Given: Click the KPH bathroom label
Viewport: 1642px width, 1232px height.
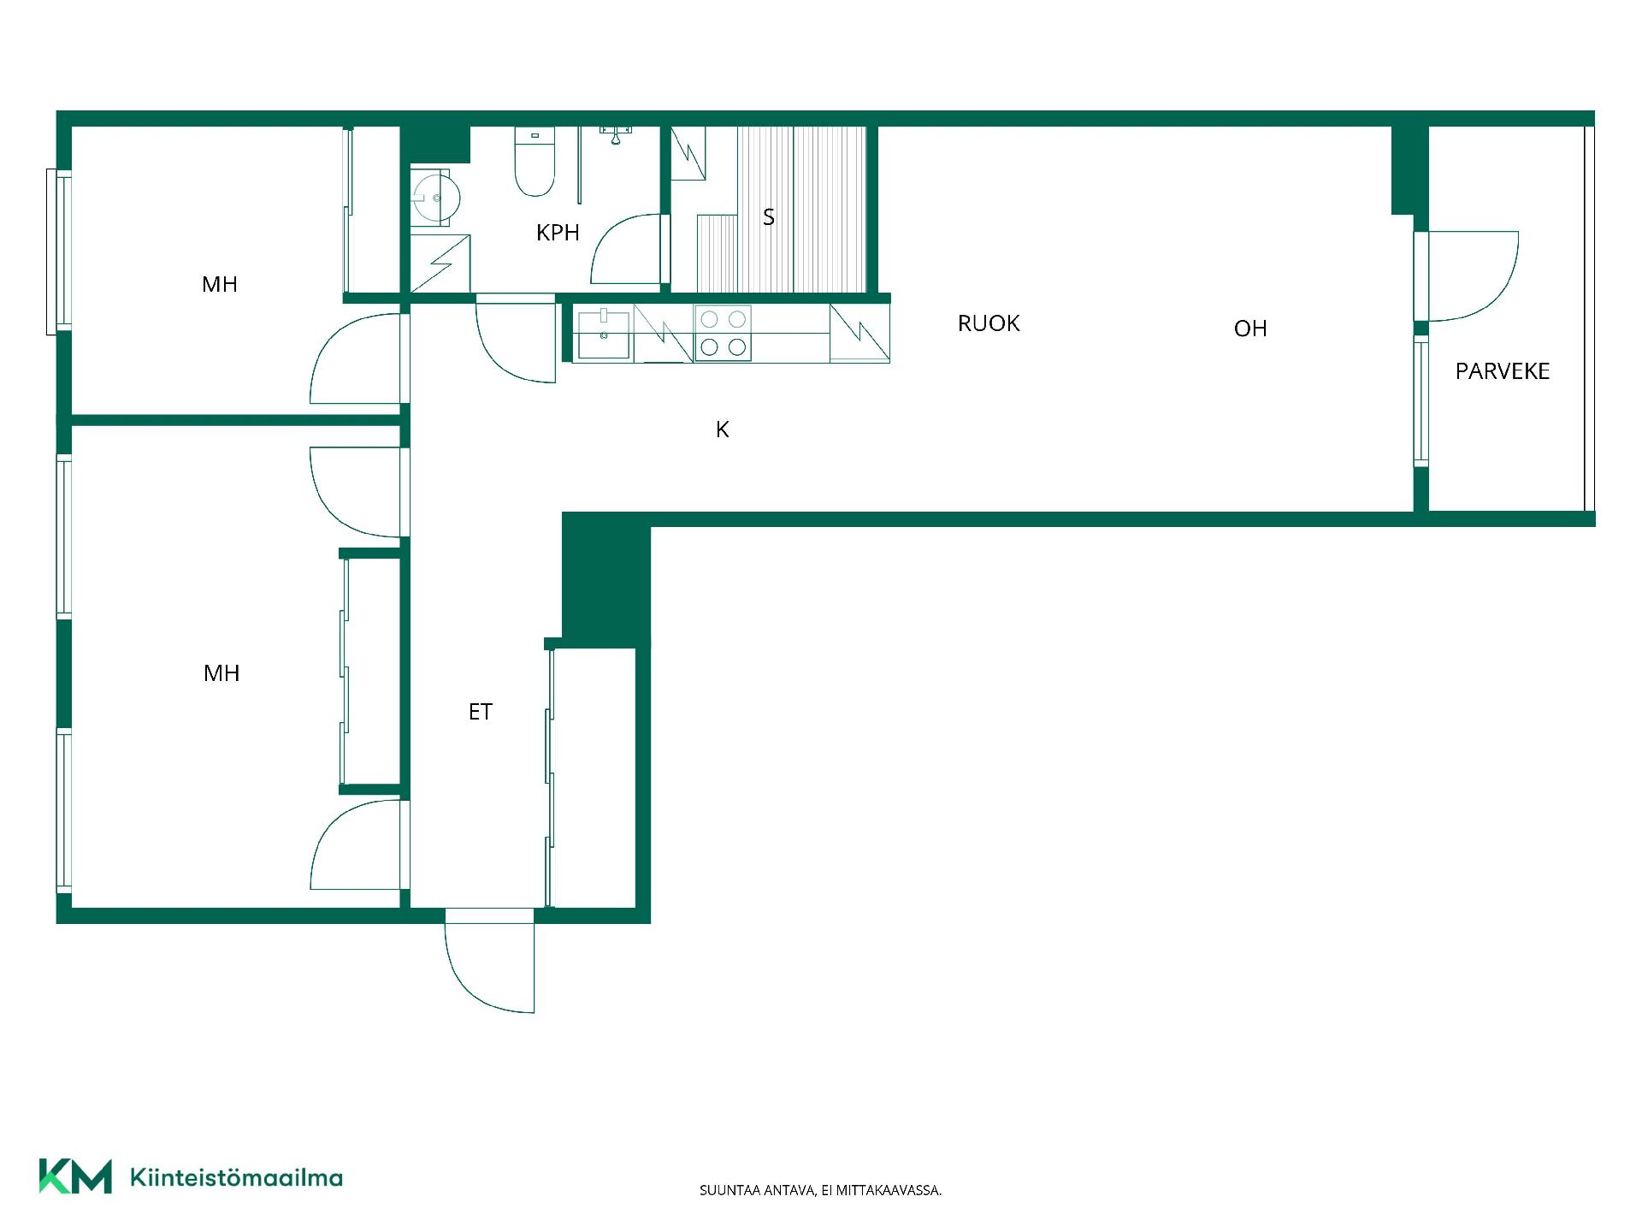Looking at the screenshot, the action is (x=558, y=233).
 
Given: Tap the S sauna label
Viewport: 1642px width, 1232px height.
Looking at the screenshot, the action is (x=769, y=217).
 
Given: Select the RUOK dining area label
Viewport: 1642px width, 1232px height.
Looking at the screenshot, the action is (x=989, y=323).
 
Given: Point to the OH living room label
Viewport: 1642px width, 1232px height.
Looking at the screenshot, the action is (x=1250, y=329).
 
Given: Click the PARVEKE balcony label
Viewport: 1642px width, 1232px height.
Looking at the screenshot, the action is (x=1503, y=371).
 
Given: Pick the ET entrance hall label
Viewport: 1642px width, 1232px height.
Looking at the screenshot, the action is (x=480, y=712).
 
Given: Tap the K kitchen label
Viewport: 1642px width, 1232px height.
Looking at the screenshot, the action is (x=723, y=429).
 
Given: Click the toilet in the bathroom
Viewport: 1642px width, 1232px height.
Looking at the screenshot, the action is (x=535, y=162).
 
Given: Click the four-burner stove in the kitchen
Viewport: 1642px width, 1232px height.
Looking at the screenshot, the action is (x=723, y=333).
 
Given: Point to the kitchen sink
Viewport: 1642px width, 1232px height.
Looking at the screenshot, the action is (x=604, y=335).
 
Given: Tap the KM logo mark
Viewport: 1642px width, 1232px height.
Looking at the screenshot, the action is (x=75, y=1176).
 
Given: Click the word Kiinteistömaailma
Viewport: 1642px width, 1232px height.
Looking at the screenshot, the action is (x=236, y=1177).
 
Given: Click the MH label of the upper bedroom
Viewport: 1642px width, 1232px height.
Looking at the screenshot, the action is (x=220, y=285).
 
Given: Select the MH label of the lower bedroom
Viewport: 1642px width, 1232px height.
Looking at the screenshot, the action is (x=221, y=673).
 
